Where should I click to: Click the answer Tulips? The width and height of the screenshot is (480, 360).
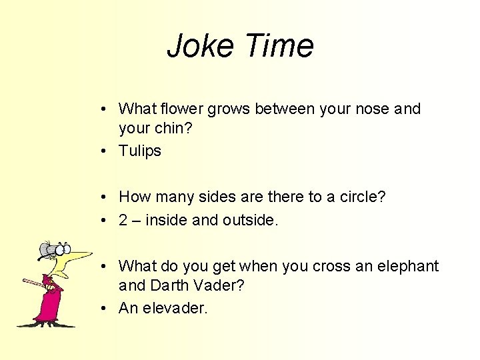(x=140, y=151)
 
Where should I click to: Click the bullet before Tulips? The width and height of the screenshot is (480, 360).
(x=106, y=151)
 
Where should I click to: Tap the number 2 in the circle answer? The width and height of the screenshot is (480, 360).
(x=123, y=220)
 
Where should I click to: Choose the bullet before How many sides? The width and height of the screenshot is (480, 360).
(x=106, y=197)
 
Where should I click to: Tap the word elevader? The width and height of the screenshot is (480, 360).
(x=175, y=308)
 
